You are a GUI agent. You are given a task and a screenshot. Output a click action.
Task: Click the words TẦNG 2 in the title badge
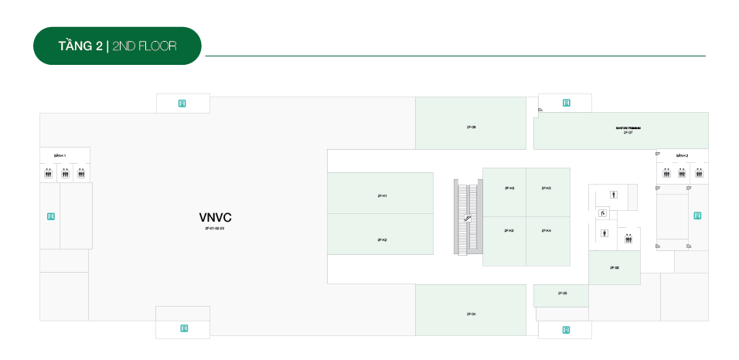80,46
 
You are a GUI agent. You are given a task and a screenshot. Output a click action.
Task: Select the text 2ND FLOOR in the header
145,46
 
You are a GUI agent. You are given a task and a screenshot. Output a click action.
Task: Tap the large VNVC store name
215,218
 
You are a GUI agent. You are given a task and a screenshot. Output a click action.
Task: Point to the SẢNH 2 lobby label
682,155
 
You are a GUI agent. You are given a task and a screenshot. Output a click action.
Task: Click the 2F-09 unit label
471,126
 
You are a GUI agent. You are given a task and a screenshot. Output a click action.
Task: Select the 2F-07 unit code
628,133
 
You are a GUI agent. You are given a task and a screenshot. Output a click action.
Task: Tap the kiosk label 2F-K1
381,195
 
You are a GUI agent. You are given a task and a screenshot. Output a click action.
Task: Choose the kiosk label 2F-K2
381,239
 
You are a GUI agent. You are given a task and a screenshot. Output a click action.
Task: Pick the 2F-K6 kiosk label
509,188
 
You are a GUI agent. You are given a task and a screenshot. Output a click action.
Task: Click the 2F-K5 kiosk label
546,188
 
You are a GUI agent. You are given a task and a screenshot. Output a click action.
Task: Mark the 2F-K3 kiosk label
509,230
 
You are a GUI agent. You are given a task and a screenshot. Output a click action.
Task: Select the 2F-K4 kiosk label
546,230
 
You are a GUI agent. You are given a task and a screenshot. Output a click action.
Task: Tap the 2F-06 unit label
614,267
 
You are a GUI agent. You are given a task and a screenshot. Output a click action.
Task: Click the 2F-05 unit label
562,294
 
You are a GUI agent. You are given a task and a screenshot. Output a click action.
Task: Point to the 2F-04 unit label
471,314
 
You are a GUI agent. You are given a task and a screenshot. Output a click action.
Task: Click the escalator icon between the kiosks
468,219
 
